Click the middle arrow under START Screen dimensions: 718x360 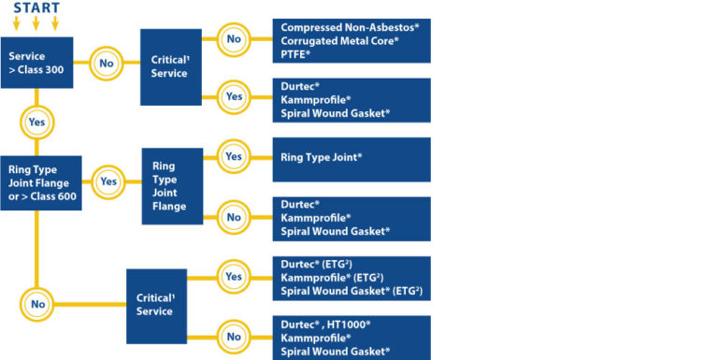click(x=36, y=23)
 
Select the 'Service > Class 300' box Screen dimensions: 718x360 click(x=36, y=63)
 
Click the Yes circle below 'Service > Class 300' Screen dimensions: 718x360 click(x=36, y=122)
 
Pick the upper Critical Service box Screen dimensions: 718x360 click(x=170, y=65)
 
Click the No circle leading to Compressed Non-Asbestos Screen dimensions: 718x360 click(x=233, y=39)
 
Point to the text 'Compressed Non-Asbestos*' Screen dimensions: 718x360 click(x=350, y=28)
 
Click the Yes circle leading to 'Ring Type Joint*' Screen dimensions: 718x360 click(x=233, y=157)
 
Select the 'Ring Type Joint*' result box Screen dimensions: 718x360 click(x=351, y=159)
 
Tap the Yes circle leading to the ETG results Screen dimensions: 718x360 click(x=233, y=277)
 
